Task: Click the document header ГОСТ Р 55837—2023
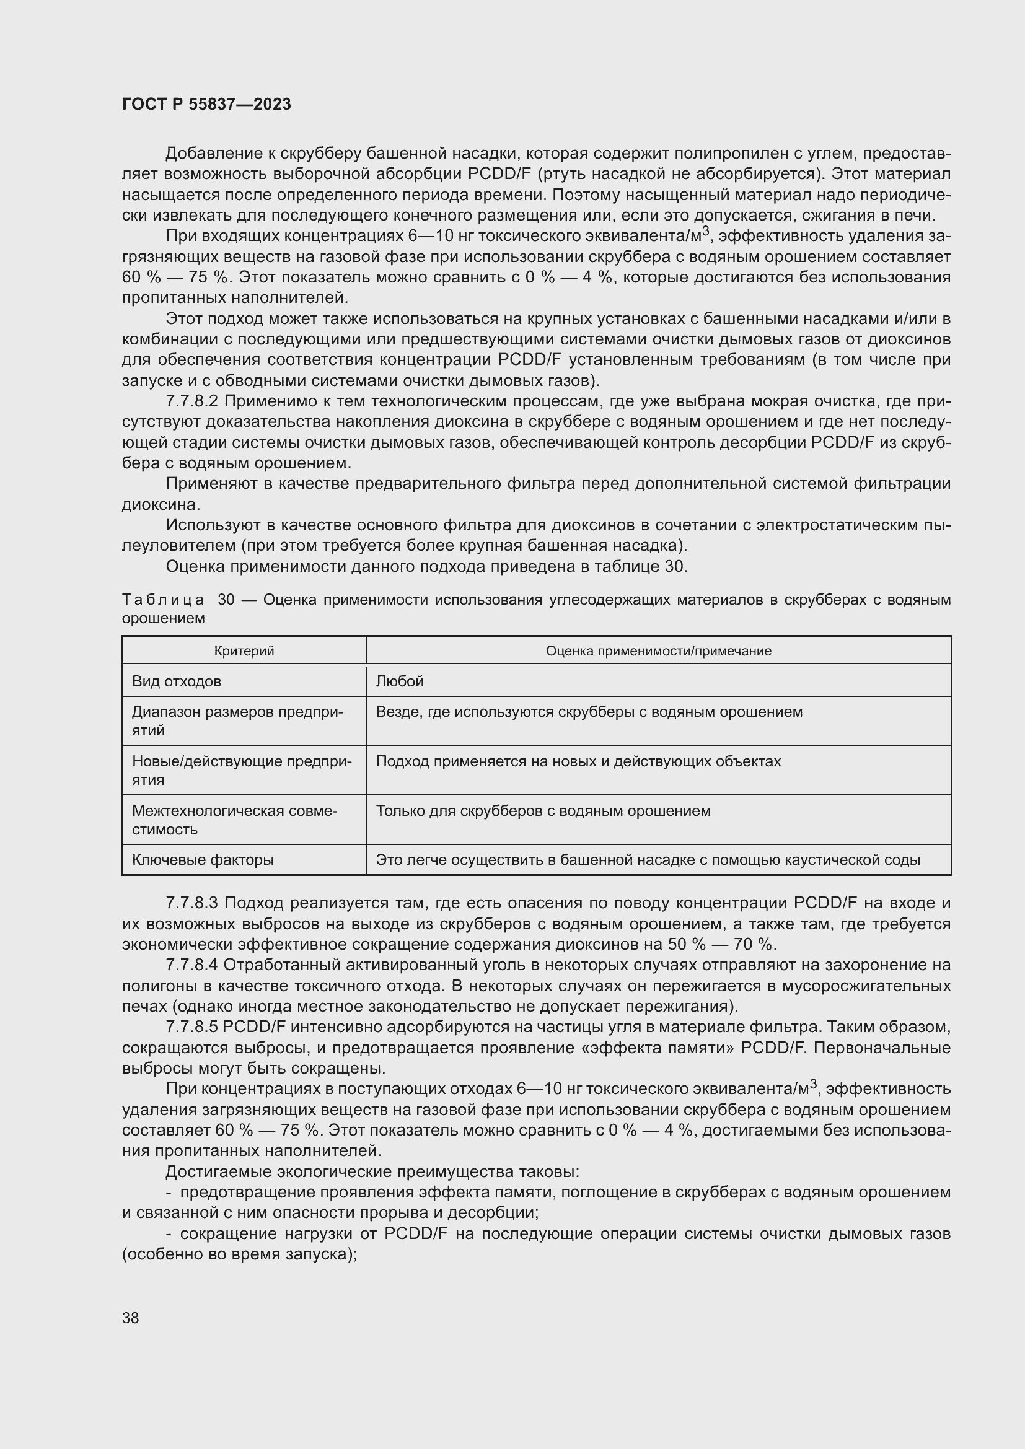tap(206, 104)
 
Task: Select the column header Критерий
tap(244, 650)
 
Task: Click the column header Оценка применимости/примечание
tap(658, 650)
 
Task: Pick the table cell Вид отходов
tap(177, 681)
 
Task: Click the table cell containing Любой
tap(400, 681)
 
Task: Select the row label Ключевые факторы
tap(203, 860)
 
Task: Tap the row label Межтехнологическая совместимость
tap(235, 820)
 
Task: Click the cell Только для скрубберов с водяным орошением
tap(543, 811)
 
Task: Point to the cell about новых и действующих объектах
tap(578, 762)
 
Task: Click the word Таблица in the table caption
tap(163, 600)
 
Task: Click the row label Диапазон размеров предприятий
tap(237, 720)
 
